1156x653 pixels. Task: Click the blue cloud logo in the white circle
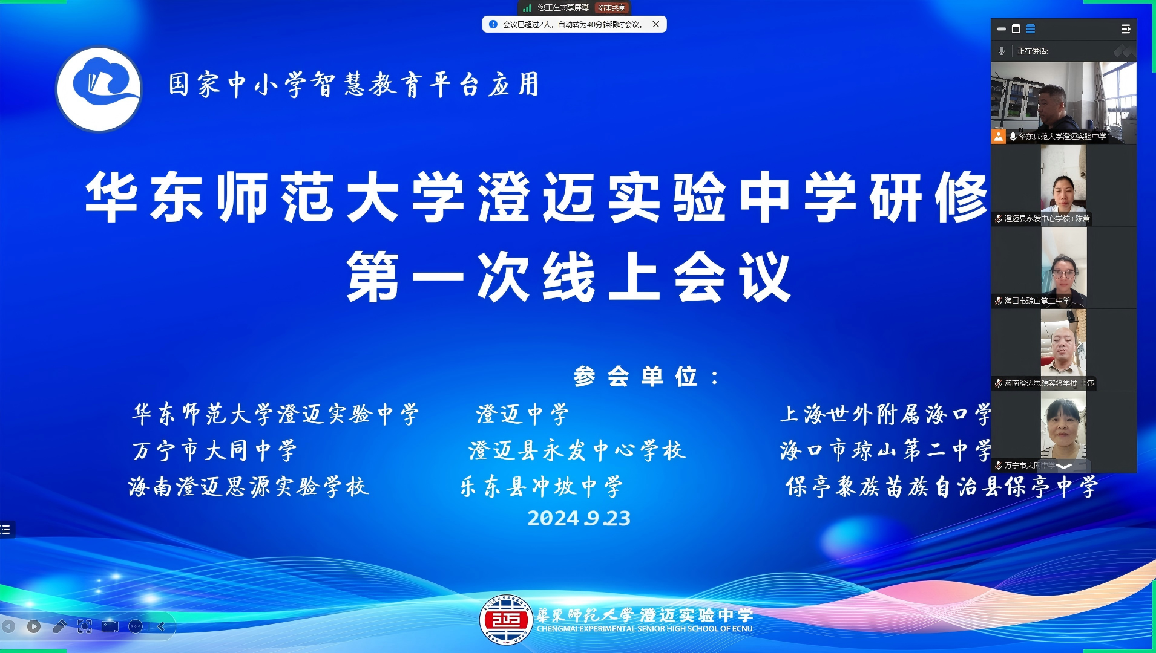(x=99, y=88)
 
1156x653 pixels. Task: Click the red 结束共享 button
(x=611, y=8)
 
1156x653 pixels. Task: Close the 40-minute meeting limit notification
(x=655, y=24)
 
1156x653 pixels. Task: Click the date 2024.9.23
(x=579, y=518)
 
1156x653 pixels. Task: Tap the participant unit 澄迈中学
(x=522, y=414)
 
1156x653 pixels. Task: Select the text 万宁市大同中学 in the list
(x=215, y=450)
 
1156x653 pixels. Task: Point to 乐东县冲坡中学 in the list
(x=542, y=487)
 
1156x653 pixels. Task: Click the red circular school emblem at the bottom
(x=506, y=619)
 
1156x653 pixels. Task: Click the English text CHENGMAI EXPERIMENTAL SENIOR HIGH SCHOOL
(x=645, y=629)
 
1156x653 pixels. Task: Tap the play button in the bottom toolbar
(x=34, y=626)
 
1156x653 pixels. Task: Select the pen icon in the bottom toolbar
(x=59, y=626)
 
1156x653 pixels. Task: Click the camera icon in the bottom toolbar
(x=110, y=626)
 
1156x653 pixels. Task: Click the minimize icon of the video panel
(x=1002, y=29)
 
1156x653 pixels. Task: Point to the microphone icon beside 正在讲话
(x=1002, y=51)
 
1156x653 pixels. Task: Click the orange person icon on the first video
(x=998, y=137)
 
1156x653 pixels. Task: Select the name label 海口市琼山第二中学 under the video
(x=1037, y=301)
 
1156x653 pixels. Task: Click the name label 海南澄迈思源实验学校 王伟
(x=1048, y=383)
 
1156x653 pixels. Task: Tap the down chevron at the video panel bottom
(x=1064, y=466)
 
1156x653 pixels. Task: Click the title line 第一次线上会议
(x=569, y=277)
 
